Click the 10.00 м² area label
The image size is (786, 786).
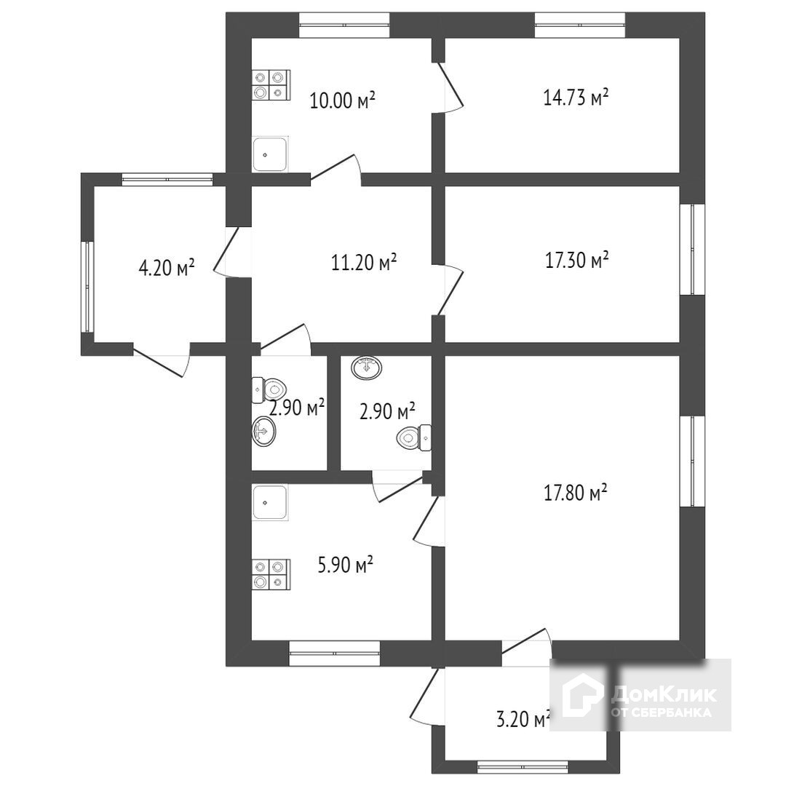point(342,100)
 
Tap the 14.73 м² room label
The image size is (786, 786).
point(576,97)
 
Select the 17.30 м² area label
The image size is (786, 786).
point(576,260)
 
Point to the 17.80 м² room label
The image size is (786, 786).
point(576,493)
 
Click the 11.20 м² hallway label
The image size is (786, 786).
point(364,262)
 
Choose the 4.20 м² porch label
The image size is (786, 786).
point(167,268)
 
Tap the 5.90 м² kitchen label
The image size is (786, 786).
point(346,564)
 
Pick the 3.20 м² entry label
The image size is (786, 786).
point(522,720)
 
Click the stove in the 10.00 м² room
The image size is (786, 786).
point(271,84)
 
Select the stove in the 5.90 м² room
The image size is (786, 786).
point(271,574)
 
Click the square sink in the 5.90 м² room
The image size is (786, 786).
point(270,503)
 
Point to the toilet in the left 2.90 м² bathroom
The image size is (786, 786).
point(270,389)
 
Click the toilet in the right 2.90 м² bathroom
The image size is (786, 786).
point(413,437)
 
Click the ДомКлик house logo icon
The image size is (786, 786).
point(579,695)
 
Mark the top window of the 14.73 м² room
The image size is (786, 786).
point(580,25)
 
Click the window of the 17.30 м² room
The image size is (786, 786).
point(692,249)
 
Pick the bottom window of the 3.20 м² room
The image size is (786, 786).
point(522,766)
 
